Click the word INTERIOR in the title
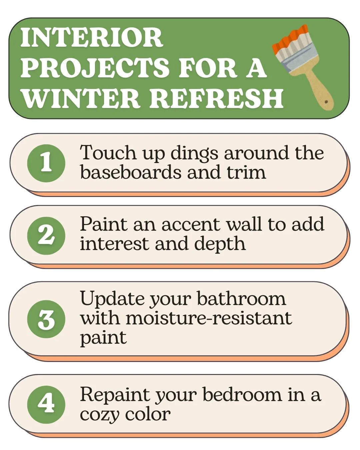click(x=92, y=38)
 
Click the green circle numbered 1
click(x=46, y=163)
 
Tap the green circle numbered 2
click(x=46, y=235)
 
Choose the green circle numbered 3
click(x=46, y=319)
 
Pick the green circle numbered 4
click(x=46, y=404)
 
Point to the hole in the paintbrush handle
click(x=326, y=102)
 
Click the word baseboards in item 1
click(x=131, y=172)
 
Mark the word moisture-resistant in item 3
click(x=209, y=318)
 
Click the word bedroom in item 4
click(x=242, y=395)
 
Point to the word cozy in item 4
click(x=99, y=414)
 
